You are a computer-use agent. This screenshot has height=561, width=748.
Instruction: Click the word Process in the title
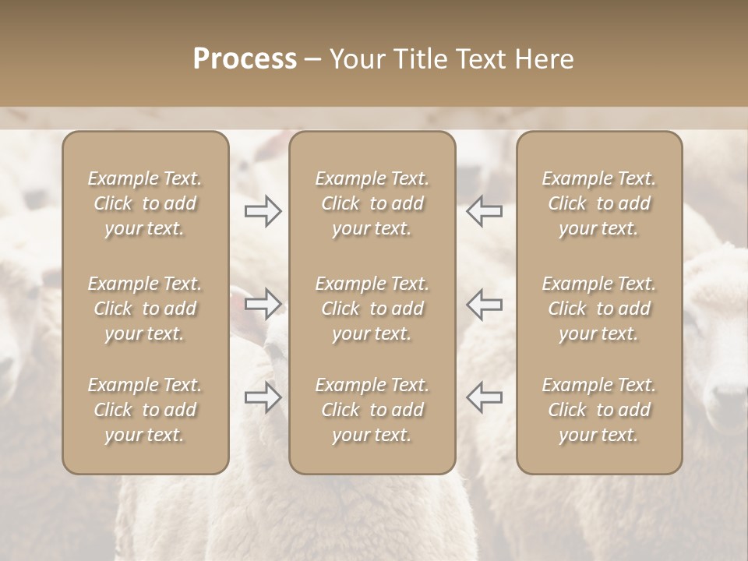click(245, 59)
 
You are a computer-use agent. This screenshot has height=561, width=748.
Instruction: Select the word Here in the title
click(545, 59)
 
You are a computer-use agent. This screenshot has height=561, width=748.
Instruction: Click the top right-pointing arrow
click(263, 211)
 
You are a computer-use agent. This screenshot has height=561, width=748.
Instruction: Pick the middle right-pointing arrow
click(263, 304)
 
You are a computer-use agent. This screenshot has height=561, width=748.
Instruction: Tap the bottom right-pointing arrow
click(263, 397)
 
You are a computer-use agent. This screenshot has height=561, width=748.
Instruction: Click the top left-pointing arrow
click(484, 211)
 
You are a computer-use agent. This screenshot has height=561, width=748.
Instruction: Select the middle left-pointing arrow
click(484, 304)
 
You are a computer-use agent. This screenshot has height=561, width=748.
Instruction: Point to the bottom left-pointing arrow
click(484, 397)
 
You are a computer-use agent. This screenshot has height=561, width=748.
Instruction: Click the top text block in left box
click(145, 203)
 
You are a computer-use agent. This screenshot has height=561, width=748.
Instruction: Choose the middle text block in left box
click(145, 309)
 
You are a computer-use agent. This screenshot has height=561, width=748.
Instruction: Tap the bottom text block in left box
click(145, 410)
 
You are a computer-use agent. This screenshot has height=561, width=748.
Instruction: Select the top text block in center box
click(372, 203)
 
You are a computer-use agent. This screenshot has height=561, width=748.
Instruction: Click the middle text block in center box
click(372, 309)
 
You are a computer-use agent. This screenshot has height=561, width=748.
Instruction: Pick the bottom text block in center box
click(372, 410)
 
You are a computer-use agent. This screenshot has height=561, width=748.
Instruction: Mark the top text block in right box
click(598, 203)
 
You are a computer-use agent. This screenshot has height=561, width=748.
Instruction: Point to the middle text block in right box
click(598, 309)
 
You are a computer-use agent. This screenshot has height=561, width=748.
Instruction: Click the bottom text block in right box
click(598, 410)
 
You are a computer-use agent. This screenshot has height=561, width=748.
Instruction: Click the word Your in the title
click(358, 59)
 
